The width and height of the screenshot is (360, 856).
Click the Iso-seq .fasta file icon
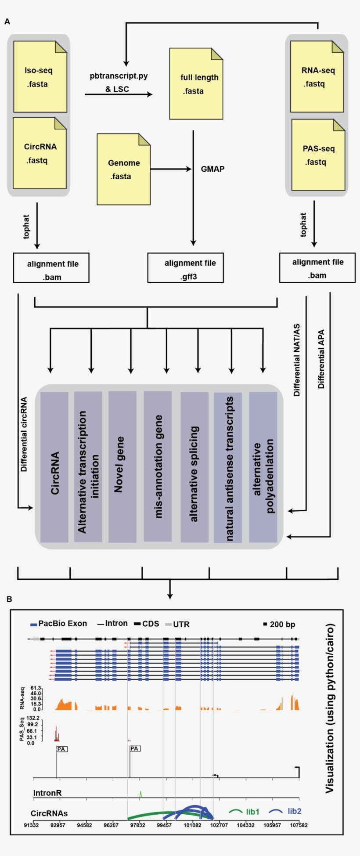(40, 77)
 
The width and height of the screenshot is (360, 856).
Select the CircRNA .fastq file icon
(40, 153)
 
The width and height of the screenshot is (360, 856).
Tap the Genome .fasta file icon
(123, 170)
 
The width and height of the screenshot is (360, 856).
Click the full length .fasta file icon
(196, 84)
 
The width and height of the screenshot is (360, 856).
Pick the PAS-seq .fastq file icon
(318, 155)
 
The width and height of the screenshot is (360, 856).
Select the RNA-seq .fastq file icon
(317, 77)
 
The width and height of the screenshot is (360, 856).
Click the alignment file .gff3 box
(185, 268)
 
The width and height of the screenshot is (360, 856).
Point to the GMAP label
(212, 169)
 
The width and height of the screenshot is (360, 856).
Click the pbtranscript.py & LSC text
(118, 82)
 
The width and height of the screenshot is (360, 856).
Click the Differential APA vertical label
(321, 359)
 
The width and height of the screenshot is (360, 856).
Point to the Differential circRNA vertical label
(24, 434)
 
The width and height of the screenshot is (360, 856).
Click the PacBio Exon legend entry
(58, 624)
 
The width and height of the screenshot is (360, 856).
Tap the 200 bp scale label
(282, 625)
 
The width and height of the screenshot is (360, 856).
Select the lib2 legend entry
(294, 811)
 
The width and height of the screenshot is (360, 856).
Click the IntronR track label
(47, 793)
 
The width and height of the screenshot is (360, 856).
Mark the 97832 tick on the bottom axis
(137, 825)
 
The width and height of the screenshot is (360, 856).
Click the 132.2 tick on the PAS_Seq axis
(33, 718)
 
